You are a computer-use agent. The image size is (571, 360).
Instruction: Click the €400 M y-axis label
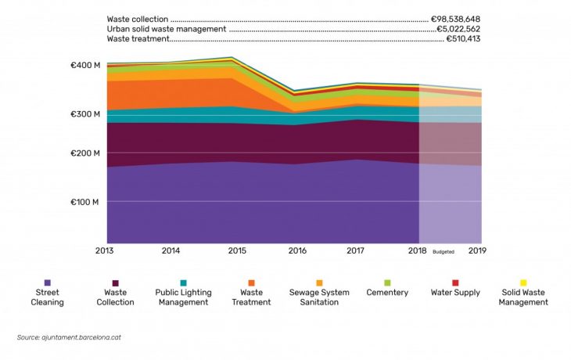[85, 64]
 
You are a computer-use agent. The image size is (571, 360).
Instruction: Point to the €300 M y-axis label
[85, 114]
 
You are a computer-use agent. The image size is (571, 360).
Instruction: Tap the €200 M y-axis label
[85, 153]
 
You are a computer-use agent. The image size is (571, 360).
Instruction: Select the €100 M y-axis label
[85, 202]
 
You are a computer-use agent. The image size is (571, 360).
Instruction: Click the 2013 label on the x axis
[106, 251]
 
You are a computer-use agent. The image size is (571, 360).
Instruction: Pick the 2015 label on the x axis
[237, 251]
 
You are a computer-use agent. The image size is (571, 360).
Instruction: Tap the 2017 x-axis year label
[356, 251]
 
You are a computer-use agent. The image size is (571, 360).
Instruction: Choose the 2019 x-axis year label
[479, 251]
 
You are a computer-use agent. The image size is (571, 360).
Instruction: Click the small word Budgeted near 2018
[443, 252]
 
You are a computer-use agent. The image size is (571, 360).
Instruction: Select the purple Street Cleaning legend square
[48, 283]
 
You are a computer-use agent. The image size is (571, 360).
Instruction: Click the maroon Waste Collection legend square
[116, 283]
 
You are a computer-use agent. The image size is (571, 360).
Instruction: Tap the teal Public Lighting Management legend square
[184, 283]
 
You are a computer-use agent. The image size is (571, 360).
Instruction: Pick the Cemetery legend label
[387, 293]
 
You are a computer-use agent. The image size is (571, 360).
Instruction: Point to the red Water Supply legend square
[455, 283]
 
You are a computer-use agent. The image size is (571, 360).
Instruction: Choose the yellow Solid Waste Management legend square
[523, 283]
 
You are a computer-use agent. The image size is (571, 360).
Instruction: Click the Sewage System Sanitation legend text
[319, 297]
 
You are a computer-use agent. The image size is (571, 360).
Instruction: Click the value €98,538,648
[455, 19]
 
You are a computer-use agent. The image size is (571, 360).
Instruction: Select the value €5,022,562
[458, 29]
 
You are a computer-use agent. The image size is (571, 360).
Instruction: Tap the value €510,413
[463, 38]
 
